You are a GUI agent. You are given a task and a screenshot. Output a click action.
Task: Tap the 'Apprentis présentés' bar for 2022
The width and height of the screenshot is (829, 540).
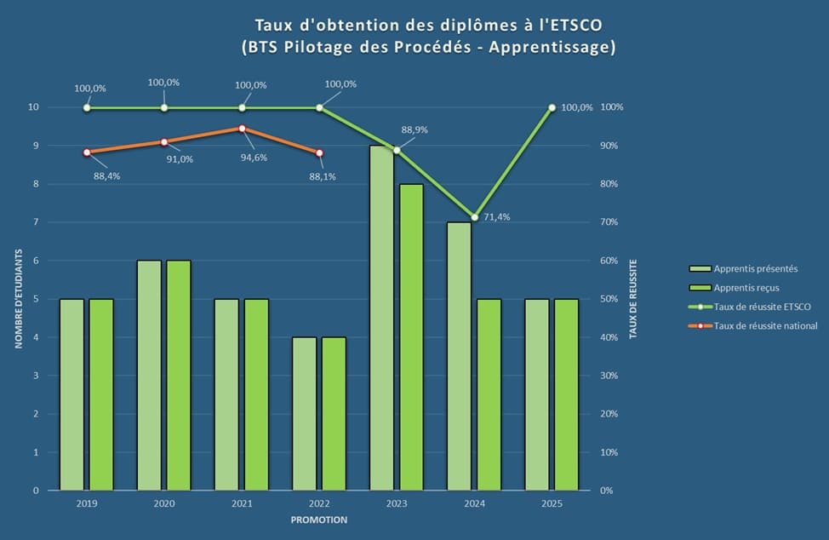(x=304, y=414)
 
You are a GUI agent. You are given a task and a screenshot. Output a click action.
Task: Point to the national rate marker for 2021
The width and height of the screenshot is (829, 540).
(x=242, y=129)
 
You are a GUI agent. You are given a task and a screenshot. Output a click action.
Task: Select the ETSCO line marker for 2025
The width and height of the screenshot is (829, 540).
(x=552, y=107)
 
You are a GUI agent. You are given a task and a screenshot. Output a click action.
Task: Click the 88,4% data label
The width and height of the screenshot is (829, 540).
(x=106, y=177)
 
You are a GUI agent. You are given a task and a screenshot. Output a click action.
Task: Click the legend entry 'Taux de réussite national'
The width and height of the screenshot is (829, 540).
(x=765, y=325)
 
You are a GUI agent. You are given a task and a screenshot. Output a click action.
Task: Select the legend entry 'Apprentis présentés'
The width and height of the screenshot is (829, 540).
(x=756, y=268)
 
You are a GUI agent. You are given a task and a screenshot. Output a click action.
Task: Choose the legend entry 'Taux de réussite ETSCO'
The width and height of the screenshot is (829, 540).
(x=763, y=307)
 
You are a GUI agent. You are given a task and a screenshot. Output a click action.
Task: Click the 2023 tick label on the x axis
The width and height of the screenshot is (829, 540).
(x=397, y=503)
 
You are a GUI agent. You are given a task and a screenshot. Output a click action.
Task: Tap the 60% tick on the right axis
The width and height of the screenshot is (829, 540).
(x=611, y=261)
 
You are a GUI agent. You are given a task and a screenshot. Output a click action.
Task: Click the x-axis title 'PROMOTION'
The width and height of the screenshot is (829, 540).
(x=318, y=520)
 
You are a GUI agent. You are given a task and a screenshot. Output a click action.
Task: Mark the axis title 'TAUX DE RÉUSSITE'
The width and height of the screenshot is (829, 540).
(x=632, y=299)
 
